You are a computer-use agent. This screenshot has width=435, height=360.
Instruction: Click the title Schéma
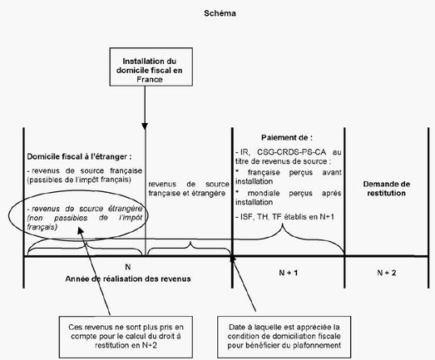point(220,13)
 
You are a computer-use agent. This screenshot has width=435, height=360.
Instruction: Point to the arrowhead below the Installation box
point(145,126)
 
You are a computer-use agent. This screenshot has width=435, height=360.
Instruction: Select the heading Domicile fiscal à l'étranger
point(79,156)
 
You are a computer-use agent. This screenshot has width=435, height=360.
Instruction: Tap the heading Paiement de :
point(287,137)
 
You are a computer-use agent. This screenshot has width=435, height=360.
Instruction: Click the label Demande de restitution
point(387,189)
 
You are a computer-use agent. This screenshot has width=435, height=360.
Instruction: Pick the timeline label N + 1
point(289,273)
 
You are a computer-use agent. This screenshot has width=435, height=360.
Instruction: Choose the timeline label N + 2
point(387,273)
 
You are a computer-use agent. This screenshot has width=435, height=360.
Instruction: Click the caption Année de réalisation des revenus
point(128,279)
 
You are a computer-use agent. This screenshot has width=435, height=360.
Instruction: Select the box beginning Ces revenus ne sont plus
point(126,337)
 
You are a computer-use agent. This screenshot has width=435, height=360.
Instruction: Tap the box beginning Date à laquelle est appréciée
point(284,337)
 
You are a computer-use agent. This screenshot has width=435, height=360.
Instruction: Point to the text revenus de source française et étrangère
point(189,189)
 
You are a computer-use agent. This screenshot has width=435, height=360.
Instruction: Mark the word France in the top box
point(150,80)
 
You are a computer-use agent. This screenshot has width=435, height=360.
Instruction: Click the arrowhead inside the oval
point(81,231)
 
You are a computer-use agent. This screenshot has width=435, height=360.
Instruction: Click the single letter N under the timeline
point(128,267)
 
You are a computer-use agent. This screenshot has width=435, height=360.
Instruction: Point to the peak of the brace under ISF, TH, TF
point(283,224)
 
